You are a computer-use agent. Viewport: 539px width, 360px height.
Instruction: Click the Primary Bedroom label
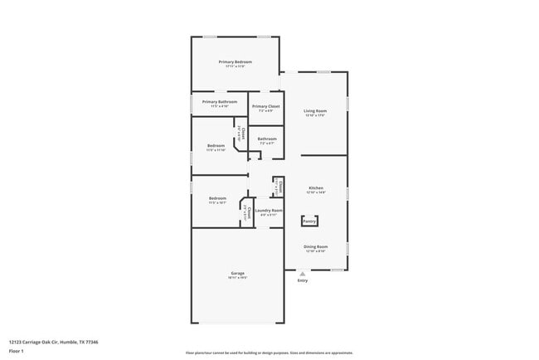(x=236, y=62)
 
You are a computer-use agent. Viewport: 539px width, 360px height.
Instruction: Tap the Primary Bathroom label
(x=219, y=101)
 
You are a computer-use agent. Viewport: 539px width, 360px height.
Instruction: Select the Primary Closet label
(x=266, y=106)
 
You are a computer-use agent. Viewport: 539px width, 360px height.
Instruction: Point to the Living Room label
(x=315, y=110)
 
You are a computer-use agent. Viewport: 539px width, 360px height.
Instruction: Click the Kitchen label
(x=316, y=187)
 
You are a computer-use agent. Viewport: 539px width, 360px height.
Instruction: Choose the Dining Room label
(x=315, y=246)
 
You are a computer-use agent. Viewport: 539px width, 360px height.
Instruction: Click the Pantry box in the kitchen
(x=309, y=221)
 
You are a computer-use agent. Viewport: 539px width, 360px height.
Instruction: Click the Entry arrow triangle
(x=302, y=273)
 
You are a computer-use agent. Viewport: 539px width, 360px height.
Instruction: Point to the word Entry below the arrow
(x=302, y=280)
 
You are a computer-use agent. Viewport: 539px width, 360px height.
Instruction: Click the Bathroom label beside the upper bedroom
(x=267, y=139)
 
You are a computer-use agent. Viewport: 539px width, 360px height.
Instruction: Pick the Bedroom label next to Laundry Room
(x=217, y=198)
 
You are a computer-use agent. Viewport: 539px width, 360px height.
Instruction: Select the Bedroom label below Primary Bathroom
(x=216, y=145)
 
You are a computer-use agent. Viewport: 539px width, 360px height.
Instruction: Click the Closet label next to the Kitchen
(x=279, y=186)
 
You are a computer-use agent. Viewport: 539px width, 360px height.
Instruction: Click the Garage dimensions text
(x=237, y=278)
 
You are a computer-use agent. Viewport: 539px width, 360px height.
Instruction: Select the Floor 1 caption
(x=17, y=352)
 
